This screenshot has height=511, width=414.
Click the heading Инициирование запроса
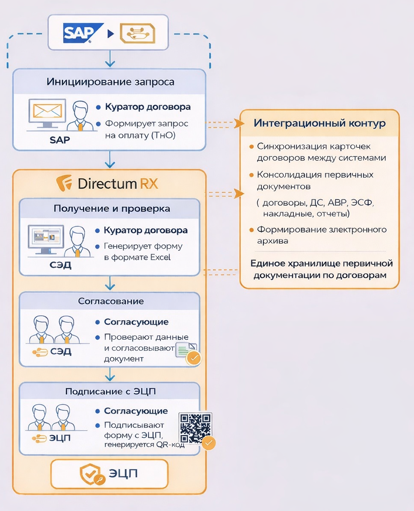(x=110, y=82)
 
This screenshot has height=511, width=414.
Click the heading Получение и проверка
(x=112, y=209)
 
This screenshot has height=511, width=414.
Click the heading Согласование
(x=111, y=301)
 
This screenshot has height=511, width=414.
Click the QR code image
(x=195, y=427)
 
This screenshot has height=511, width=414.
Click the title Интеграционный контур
(x=319, y=123)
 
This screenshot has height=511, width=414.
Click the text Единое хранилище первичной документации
(x=321, y=269)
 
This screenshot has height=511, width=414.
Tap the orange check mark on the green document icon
(x=194, y=358)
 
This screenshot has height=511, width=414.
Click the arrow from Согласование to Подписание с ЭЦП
(x=110, y=374)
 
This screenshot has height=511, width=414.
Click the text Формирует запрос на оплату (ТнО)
(x=147, y=129)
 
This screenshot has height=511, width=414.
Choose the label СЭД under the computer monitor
(x=60, y=266)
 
